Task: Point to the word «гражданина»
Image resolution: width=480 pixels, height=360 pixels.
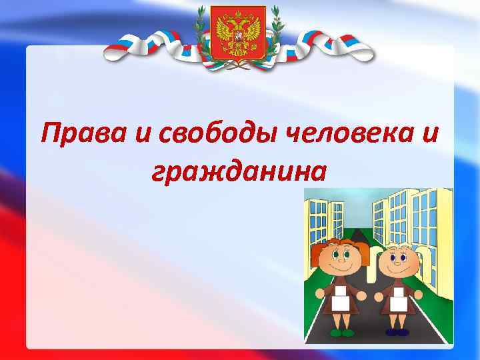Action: coord(239,173)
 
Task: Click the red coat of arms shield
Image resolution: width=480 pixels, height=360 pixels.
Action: coord(238,32)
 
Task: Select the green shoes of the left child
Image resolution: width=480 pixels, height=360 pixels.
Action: coord(341,332)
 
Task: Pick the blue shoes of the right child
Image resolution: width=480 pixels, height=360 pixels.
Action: coord(397,331)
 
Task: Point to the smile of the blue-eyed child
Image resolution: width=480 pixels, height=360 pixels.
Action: coord(399,269)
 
